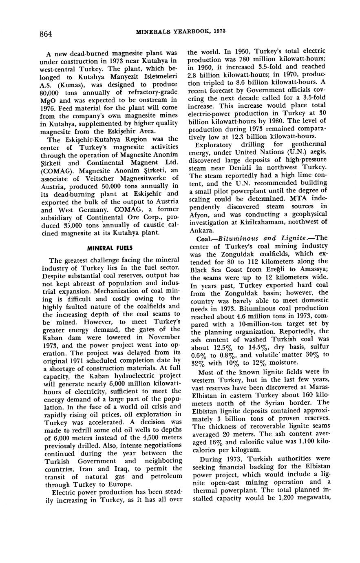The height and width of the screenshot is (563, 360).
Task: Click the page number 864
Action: pos(46,34)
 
